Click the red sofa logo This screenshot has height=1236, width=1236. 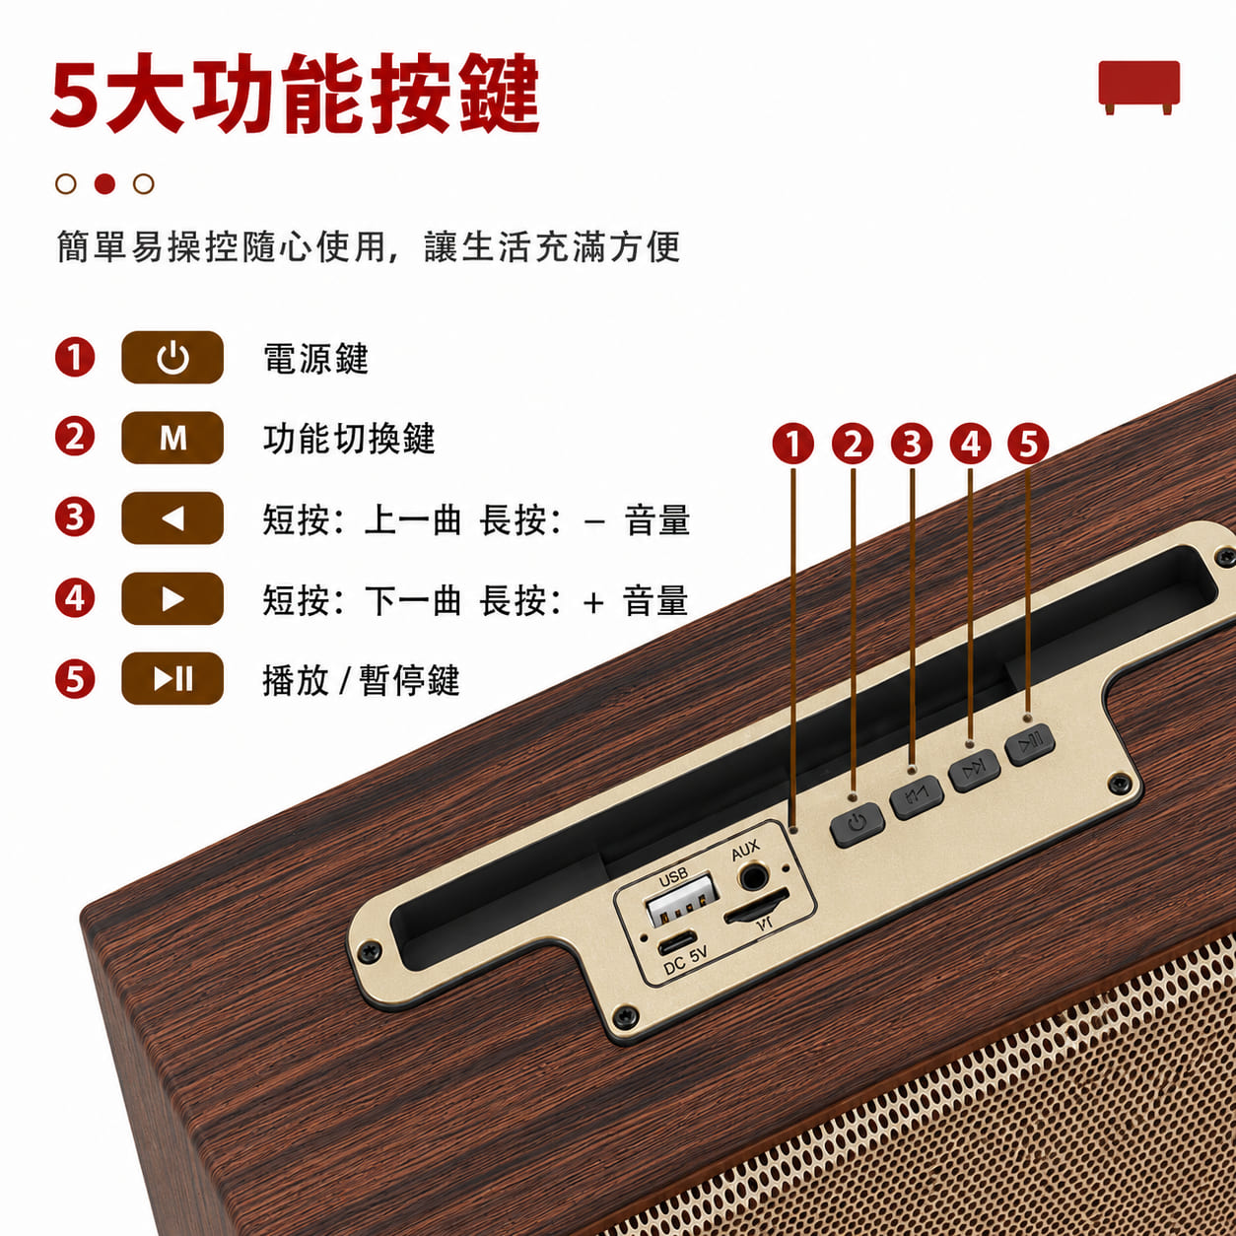1138,88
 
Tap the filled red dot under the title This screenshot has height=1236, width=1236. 104,184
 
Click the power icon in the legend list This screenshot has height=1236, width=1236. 172,357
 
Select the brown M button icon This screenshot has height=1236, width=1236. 172,438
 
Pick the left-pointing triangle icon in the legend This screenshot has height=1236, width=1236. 172,518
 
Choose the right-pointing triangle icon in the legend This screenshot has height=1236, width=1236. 172,598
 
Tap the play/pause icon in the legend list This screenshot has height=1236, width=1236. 172,678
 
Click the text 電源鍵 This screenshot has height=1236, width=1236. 316,358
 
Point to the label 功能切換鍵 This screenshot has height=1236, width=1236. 349,439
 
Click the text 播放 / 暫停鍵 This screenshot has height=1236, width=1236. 361,680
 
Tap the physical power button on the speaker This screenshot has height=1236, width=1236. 858,824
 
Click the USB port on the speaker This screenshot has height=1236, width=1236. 681,899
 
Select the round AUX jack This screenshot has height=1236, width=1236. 754,876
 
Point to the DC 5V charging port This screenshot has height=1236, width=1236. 677,944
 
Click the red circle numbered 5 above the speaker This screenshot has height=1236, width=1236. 1028,444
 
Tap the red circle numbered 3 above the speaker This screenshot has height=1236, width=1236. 912,444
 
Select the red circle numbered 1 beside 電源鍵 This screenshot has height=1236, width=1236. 75,357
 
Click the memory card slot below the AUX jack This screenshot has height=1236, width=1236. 757,912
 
